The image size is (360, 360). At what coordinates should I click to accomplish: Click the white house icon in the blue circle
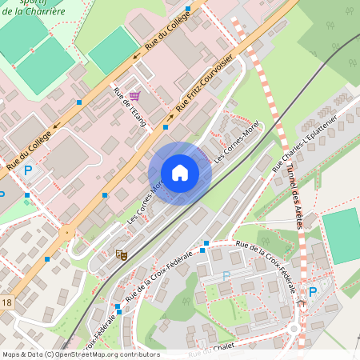180,173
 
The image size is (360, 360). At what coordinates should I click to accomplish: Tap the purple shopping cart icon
134,96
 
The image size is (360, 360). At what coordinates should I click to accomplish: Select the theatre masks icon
122,254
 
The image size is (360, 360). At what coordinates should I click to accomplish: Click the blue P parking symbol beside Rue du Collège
28,170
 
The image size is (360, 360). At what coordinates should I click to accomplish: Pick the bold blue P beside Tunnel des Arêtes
312,292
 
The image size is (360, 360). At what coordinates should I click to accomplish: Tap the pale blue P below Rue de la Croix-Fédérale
226,275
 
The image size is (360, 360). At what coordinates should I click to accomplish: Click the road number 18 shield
6,302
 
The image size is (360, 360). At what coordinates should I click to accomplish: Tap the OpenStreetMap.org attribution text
106,354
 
